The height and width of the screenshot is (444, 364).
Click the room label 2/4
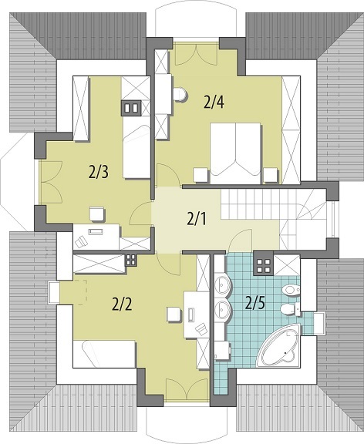[x=214, y=103]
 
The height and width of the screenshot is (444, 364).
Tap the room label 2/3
[x=98, y=172]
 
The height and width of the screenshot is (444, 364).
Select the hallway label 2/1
[x=197, y=219]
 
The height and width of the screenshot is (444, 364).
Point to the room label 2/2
[x=122, y=304]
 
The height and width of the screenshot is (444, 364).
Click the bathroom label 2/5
[x=255, y=303]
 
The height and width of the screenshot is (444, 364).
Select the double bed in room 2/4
[x=235, y=153]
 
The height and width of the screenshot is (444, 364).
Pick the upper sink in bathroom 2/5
[x=223, y=285]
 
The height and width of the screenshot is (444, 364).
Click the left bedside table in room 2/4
[x=201, y=175]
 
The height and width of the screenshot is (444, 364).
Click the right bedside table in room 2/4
[x=270, y=175]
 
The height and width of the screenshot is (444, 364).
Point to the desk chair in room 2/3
[x=97, y=214]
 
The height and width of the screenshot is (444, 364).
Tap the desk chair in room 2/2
[x=174, y=314]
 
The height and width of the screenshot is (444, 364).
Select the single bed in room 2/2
[x=103, y=355]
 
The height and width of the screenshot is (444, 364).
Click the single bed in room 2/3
[x=136, y=152]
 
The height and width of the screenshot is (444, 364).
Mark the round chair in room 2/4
[x=180, y=95]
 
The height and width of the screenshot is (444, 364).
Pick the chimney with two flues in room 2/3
[x=131, y=108]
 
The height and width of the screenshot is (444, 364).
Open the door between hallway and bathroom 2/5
[x=240, y=240]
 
